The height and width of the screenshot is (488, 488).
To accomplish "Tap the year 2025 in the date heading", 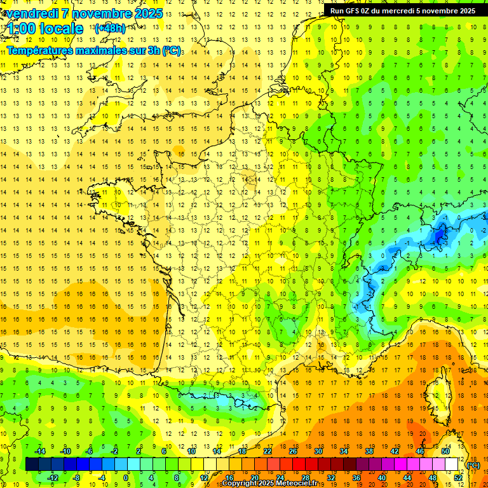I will tap(146, 13).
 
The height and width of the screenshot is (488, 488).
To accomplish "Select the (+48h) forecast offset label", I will tap(110, 29).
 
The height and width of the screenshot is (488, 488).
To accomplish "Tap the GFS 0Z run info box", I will tap(402, 10).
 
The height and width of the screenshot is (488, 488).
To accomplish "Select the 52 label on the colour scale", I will tap(458, 478).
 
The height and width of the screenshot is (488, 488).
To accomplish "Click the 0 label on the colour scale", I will tap(126, 478).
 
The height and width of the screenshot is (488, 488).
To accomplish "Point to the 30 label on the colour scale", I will tap(318, 451).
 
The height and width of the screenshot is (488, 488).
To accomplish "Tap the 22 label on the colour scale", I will tap(267, 451).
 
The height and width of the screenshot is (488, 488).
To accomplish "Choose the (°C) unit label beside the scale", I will tap(473, 465).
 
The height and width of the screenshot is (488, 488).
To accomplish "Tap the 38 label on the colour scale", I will tap(369, 451).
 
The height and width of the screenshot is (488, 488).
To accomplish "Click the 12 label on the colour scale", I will tap(203, 478).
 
